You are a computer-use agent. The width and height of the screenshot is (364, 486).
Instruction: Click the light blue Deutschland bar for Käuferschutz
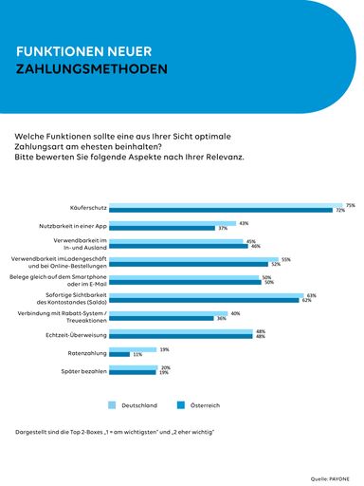pyautogui.click(x=226, y=205)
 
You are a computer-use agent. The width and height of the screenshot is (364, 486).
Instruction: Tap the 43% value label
pyautogui.click(x=244, y=223)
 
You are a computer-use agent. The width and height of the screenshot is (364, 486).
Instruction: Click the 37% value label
pyautogui.click(x=223, y=229)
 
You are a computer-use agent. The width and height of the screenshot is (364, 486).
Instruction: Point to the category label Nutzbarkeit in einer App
pyautogui.click(x=80, y=226)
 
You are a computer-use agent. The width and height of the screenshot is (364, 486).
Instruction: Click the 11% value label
pyautogui.click(x=137, y=355)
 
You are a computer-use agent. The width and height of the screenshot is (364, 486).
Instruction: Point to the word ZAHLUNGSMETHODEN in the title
pyautogui.click(x=92, y=69)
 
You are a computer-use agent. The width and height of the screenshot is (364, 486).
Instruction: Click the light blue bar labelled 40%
pyautogui.click(x=168, y=313)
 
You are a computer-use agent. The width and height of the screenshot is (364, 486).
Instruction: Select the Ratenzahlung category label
pyautogui.click(x=84, y=352)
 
